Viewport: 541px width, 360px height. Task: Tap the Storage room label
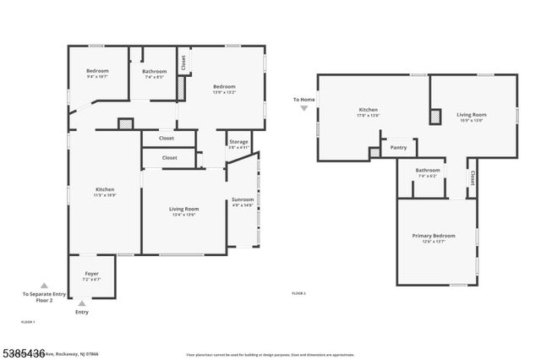tap(238, 142)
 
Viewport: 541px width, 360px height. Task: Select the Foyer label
tap(92, 275)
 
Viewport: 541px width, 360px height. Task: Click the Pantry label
tap(398, 147)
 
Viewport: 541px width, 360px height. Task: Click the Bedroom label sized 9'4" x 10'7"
tap(97, 71)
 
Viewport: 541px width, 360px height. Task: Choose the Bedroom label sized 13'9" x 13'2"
tap(223, 87)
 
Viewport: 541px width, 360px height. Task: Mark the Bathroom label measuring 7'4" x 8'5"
tap(154, 72)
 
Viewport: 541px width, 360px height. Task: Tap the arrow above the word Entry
tap(81, 303)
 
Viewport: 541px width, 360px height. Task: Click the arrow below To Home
tap(304, 108)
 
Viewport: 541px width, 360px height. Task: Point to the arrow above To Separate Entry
tap(44, 286)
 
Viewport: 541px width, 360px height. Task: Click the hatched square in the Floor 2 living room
tap(435, 117)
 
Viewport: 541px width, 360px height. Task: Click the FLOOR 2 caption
tap(298, 293)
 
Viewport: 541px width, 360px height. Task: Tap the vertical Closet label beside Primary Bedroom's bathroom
tap(471, 178)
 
